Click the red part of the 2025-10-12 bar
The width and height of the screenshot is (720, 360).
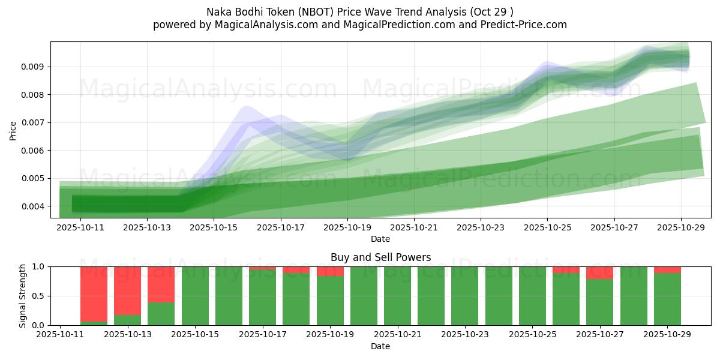tap(94, 293)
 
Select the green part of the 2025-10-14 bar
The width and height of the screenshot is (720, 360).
tap(161, 314)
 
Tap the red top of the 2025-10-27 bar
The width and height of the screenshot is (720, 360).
tap(599, 273)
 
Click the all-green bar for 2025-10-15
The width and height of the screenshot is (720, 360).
tap(195, 296)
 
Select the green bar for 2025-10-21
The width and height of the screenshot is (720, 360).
tap(397, 296)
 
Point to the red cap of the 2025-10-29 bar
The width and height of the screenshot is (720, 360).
tap(667, 270)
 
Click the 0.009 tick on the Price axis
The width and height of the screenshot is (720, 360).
tap(34, 67)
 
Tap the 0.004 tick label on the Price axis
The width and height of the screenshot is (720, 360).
tap(34, 206)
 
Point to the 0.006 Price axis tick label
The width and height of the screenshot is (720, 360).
tap(34, 151)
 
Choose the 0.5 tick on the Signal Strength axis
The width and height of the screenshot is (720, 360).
tap(39, 296)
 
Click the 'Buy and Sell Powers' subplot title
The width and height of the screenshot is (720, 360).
tap(380, 257)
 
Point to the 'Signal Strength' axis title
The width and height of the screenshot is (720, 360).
tap(23, 296)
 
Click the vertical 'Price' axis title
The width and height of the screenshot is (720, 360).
tap(13, 130)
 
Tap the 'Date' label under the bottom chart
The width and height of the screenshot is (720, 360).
tap(380, 346)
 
